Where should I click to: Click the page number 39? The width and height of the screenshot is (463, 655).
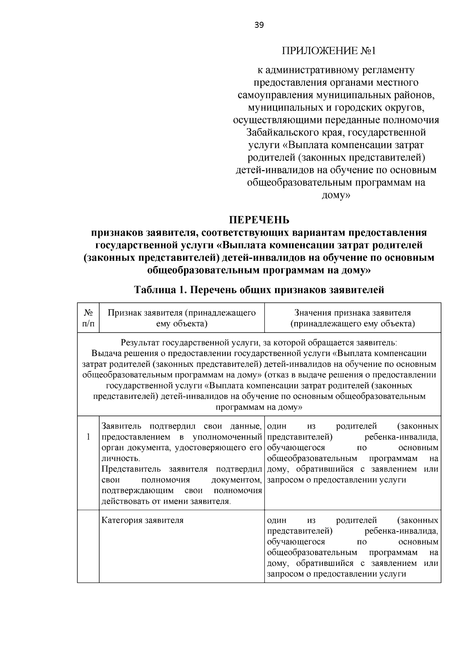pos(259,25)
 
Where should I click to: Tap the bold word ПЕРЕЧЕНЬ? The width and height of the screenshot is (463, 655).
pos(259,220)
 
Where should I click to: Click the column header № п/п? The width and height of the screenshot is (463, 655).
pos(88,318)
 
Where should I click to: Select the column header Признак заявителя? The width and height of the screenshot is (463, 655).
pos(182,318)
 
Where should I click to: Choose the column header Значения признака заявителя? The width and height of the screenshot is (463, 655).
pos(352,318)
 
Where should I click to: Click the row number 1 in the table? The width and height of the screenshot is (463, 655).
pos(88,437)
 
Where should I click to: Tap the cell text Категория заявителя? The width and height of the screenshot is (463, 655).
pos(142,520)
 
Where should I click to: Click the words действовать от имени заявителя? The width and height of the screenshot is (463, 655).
pos(166,501)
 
